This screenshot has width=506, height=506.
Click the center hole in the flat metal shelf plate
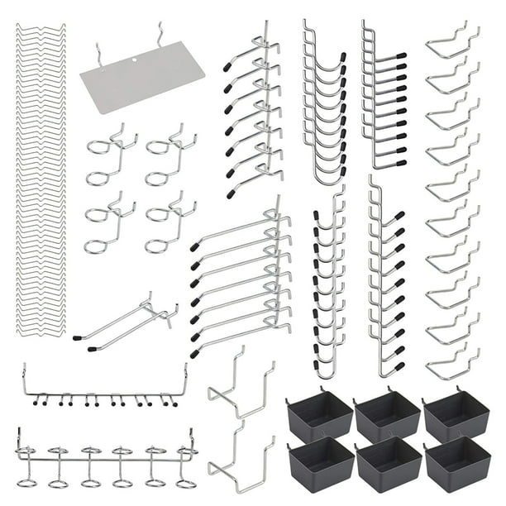(135, 60)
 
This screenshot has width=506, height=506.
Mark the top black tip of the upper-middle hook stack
(227, 65)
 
